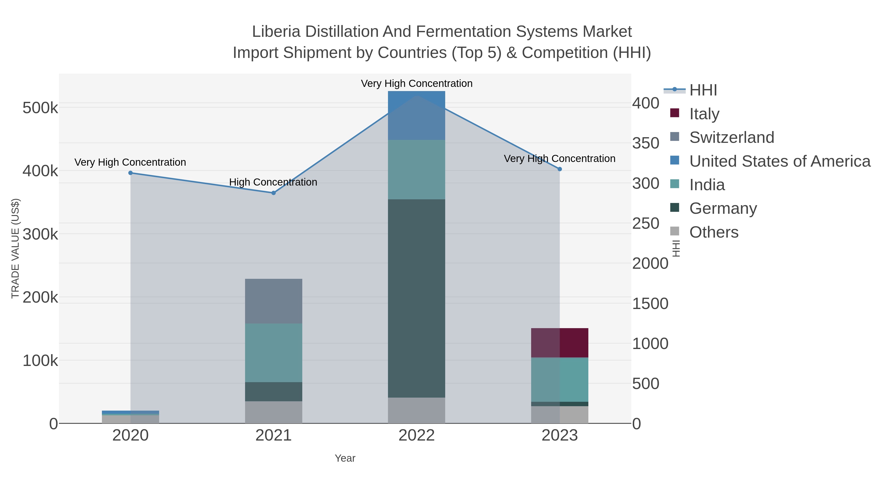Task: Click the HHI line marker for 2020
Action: tap(130, 173)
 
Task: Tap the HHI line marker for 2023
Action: tap(560, 169)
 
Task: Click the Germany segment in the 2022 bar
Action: tap(416, 298)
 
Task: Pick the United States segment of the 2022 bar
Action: tap(416, 116)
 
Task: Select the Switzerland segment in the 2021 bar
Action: tap(274, 301)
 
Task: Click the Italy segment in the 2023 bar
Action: tap(560, 343)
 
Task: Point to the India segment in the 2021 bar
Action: tap(274, 353)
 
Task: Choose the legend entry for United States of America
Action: tap(779, 161)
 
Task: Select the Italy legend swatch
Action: tap(674, 113)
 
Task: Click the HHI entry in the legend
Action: tap(703, 90)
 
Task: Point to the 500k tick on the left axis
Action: tap(40, 108)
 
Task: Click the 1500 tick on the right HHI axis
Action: tap(650, 304)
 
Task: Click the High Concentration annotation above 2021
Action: tap(273, 182)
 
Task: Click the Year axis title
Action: tap(345, 458)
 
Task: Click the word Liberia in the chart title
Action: tap(276, 32)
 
